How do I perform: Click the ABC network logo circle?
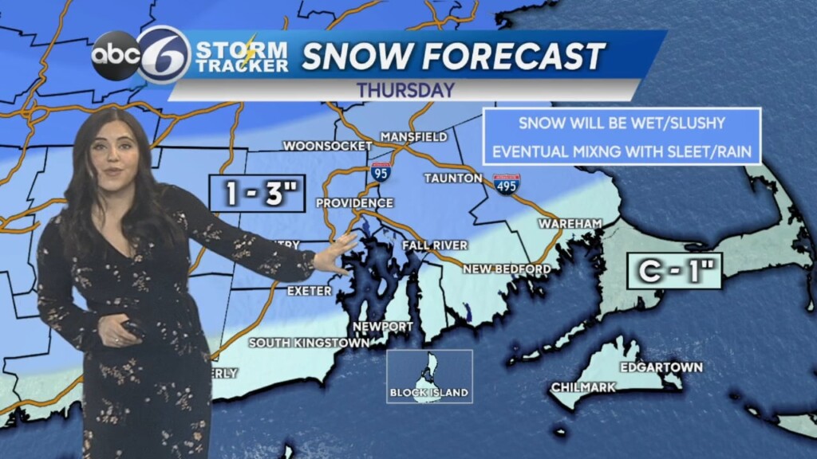pos(115,56)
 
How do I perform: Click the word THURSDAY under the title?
pos(405,89)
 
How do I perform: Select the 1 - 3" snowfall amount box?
pos(257,193)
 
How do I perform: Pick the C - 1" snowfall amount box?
pos(674,271)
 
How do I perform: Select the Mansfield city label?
pos(413,136)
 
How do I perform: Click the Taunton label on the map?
pos(453,177)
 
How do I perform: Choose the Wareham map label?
pos(570,224)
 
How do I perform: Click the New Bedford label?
pos(507,269)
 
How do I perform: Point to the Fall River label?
pos(435,245)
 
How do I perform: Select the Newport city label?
pos(385,327)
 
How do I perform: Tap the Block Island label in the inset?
pos(429,393)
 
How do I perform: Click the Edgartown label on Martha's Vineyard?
pos(661,367)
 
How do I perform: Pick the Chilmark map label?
pos(583,387)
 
